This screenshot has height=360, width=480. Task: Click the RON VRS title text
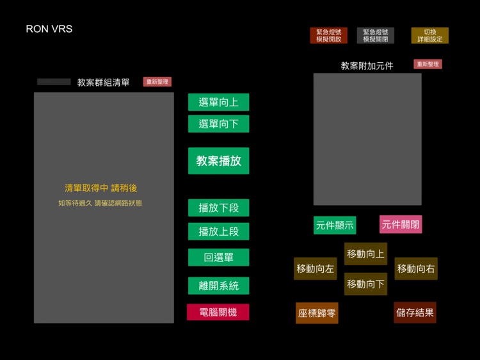tap(49, 29)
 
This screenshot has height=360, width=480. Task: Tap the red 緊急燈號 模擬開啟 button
tap(328, 35)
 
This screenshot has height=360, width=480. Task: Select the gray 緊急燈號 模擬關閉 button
tap(375, 35)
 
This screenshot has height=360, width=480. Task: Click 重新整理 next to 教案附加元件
tap(428, 64)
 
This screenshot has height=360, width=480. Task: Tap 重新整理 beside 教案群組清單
tap(157, 82)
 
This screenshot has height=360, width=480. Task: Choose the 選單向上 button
tap(218, 102)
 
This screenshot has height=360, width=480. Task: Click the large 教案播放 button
tap(218, 161)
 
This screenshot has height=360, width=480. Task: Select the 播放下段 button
tap(218, 208)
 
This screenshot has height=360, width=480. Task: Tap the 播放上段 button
tap(218, 231)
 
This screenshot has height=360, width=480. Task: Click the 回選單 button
tap(218, 258)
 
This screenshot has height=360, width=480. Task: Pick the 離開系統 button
tap(218, 286)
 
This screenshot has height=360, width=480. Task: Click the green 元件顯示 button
tap(334, 225)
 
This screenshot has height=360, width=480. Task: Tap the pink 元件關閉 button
tap(401, 224)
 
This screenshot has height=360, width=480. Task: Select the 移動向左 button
tap(315, 269)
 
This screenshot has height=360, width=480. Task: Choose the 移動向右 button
tap(416, 269)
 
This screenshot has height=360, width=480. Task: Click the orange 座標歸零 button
tap(317, 313)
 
